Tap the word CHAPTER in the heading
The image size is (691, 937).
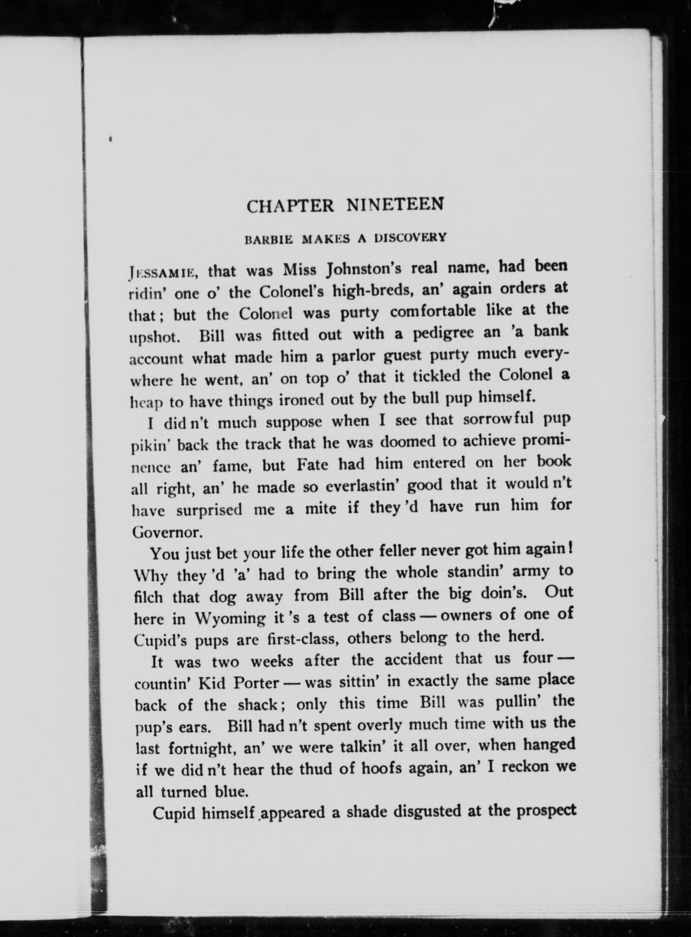(290, 206)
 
